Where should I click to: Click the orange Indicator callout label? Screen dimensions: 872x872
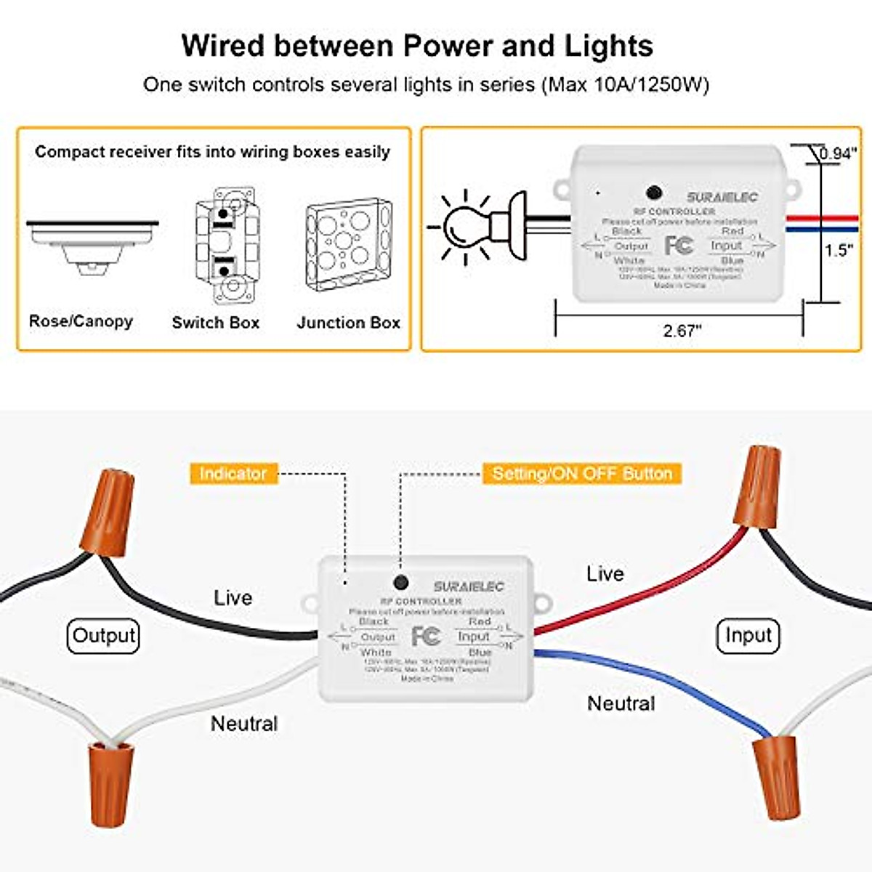point(233,474)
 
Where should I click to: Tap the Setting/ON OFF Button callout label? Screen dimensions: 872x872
point(581,474)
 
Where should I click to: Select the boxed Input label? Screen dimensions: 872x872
point(748,636)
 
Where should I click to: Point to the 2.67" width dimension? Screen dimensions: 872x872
point(682,331)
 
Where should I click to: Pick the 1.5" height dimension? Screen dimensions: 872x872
point(838,251)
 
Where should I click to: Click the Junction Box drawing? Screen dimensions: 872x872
point(349,245)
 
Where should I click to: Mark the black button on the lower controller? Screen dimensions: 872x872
point(400,582)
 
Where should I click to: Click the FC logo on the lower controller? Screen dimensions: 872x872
point(426,637)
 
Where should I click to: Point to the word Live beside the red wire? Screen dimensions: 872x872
point(605,574)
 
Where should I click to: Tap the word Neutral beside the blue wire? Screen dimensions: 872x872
point(621,703)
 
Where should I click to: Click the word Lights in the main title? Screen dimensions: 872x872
point(609,46)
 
